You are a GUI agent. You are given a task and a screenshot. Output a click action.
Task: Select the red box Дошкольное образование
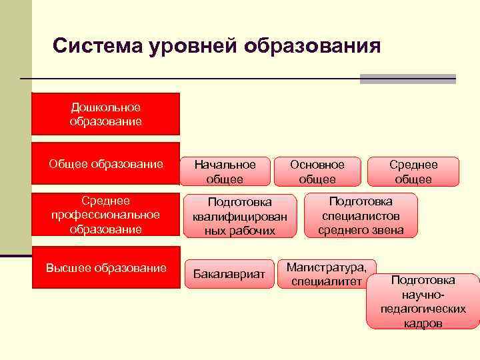point(105,114)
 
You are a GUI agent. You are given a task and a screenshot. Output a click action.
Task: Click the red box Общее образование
point(105,164)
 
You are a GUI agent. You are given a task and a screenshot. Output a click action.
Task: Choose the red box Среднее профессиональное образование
point(105,215)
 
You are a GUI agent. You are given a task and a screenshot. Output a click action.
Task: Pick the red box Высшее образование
point(105,268)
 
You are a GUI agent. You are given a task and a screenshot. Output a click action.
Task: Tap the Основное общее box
point(317,171)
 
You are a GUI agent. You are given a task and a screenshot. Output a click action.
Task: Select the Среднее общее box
point(413,171)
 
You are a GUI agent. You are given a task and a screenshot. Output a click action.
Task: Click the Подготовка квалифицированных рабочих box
point(241,215)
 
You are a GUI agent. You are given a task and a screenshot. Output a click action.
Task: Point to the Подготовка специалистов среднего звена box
point(361,215)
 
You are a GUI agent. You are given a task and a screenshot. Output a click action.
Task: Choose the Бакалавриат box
point(229,274)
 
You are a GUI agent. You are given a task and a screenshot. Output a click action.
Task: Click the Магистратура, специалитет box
point(327,274)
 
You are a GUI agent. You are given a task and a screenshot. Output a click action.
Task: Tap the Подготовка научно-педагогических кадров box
point(423,301)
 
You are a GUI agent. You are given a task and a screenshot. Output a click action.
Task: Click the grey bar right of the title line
point(407,79)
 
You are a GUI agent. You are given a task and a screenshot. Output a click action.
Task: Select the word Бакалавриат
point(229,274)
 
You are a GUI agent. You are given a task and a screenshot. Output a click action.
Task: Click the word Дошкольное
point(105,107)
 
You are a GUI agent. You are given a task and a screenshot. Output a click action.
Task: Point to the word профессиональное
point(105,215)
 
